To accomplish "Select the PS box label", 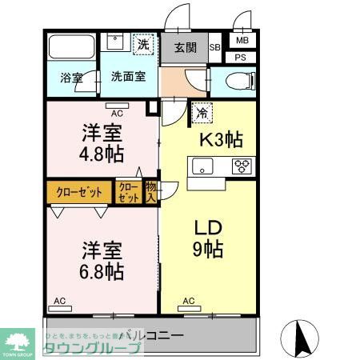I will [x=240, y=57].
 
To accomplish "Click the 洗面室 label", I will [x=128, y=78].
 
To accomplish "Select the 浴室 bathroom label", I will [x=72, y=78].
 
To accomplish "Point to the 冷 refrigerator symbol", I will [x=202, y=114].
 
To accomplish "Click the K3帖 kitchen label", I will [x=220, y=139].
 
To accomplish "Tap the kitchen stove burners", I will [x=242, y=166].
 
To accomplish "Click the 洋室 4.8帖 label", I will [x=102, y=142].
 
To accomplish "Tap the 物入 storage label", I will [x=150, y=192].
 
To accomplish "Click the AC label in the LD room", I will [x=189, y=301].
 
